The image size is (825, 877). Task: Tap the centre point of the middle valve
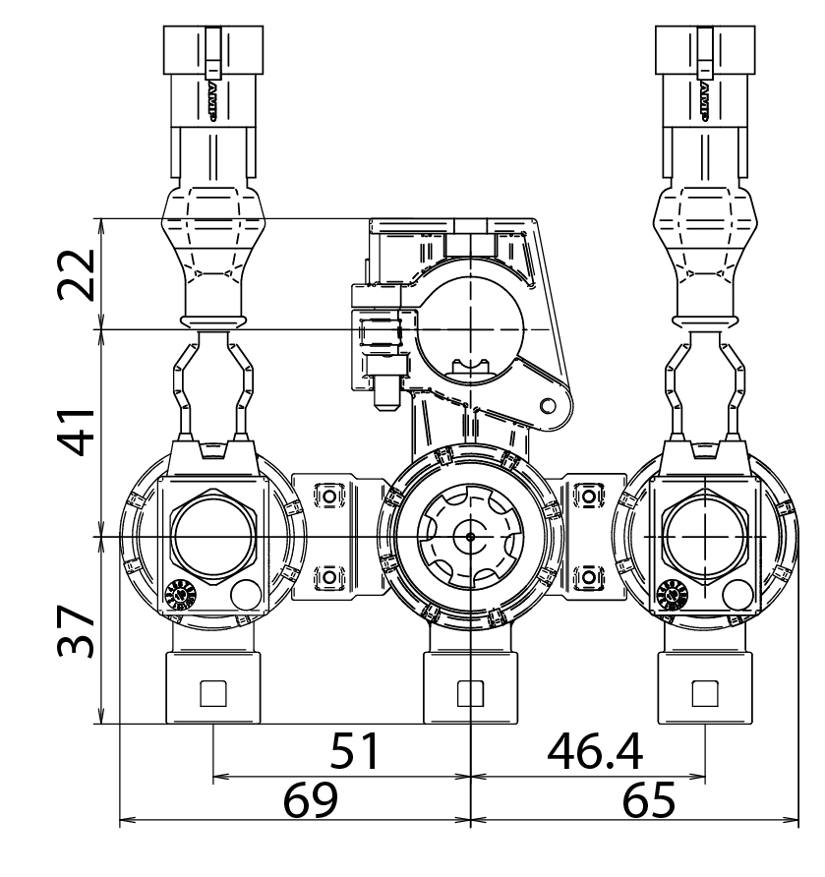tap(471, 537)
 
